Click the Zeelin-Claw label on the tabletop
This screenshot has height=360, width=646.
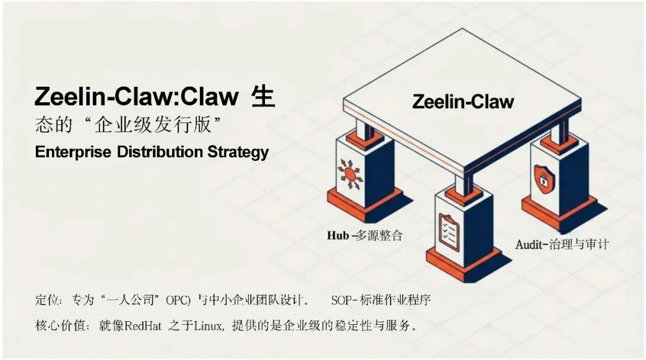pyautogui.click(x=463, y=102)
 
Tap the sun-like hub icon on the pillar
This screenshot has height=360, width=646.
pyautogui.click(x=350, y=173)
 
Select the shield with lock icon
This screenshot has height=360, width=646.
pyautogui.click(x=546, y=177)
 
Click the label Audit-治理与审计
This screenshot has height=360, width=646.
pyautogui.click(x=562, y=244)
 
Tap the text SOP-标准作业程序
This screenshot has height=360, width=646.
pyautogui.click(x=389, y=298)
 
